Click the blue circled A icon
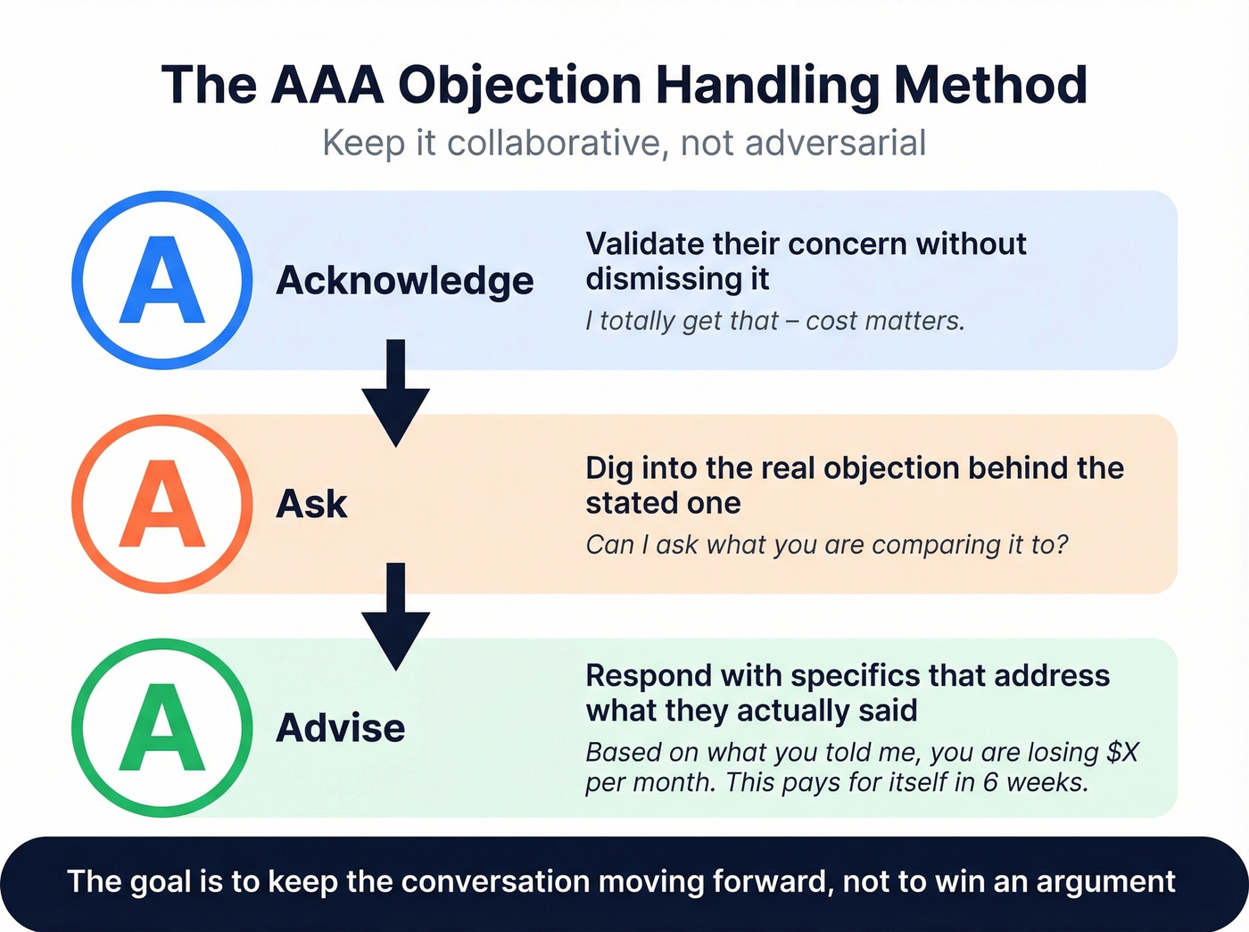pyautogui.click(x=162, y=280)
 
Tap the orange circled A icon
pyautogui.click(x=162, y=504)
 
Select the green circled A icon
pyautogui.click(x=162, y=728)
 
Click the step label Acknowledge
pyautogui.click(x=404, y=281)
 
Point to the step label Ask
pyautogui.click(x=311, y=505)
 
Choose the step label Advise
pyautogui.click(x=341, y=729)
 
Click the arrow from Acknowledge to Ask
pyautogui.click(x=395, y=392)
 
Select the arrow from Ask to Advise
pyautogui.click(x=395, y=615)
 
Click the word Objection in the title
pyautogui.click(x=519, y=87)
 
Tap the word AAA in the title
pyautogui.click(x=327, y=87)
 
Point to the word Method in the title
pyautogui.click(x=990, y=87)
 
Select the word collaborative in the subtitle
pyautogui.click(x=557, y=144)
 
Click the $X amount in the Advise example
pyautogui.click(x=1122, y=753)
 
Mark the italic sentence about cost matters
pyautogui.click(x=774, y=321)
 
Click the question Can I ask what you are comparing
pyautogui.click(x=826, y=545)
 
